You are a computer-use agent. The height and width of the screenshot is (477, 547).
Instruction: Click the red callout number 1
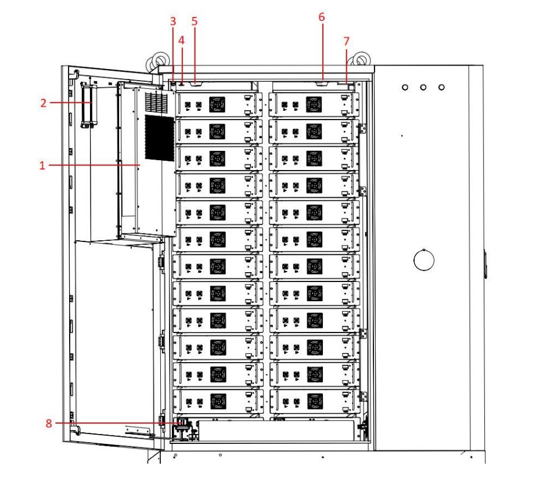point(42,165)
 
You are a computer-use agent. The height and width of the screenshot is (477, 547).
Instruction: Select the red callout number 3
point(172,21)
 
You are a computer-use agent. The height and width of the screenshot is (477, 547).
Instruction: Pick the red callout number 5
point(195,21)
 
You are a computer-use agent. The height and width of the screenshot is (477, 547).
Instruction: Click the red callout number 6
point(322,17)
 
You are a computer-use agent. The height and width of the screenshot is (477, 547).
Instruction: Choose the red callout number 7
point(347,41)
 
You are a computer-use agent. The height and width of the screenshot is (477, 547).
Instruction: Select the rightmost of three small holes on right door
point(442,87)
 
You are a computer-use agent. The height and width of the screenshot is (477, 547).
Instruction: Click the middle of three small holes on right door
point(424,87)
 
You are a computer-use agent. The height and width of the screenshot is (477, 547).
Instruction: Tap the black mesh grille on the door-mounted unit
point(159,138)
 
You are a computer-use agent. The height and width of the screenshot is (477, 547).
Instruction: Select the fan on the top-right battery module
point(314,106)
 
